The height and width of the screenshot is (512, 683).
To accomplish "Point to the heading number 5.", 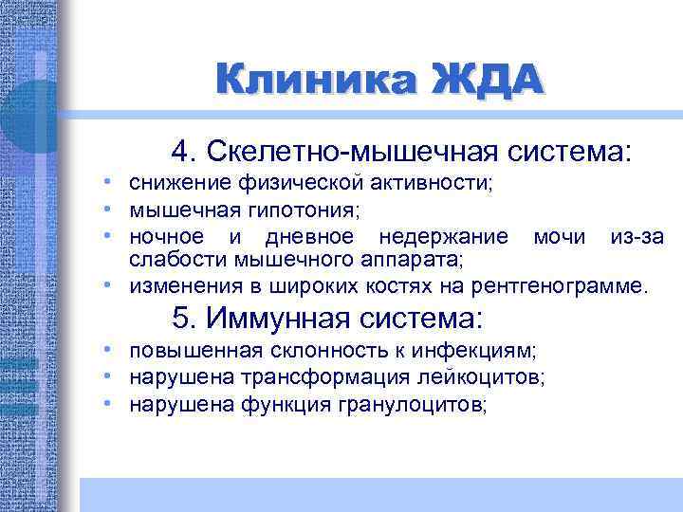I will (x=184, y=316).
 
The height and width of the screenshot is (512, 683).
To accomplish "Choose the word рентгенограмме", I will (x=565, y=284).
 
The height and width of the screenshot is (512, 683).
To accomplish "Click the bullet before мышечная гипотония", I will (x=111, y=209).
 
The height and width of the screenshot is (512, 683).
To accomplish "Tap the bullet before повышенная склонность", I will (x=111, y=351).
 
